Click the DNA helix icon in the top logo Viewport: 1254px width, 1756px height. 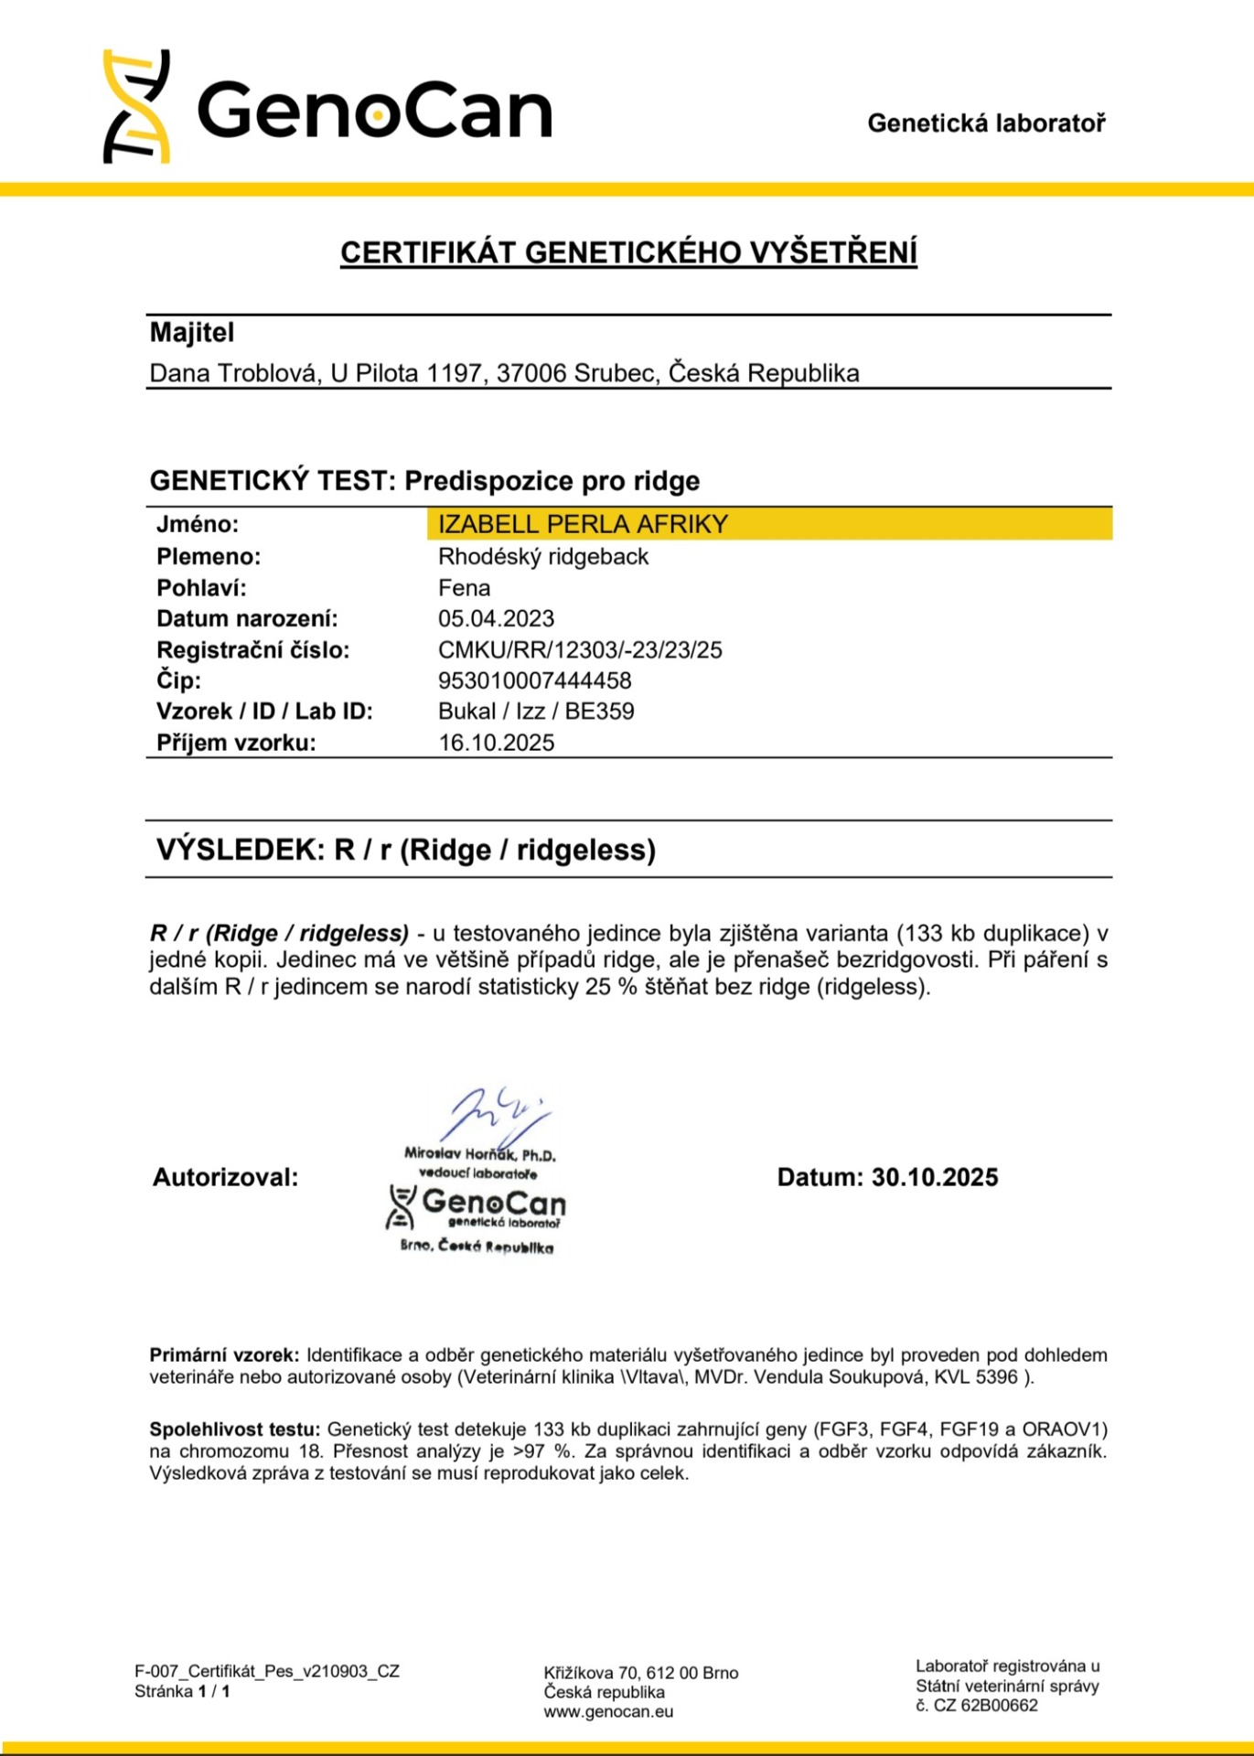pyautogui.click(x=136, y=107)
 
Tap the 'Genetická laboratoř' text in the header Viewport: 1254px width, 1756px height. pyautogui.click(x=986, y=123)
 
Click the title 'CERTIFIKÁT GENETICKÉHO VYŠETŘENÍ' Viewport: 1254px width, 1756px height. pyautogui.click(x=628, y=252)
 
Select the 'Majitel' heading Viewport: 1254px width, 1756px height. pyautogui.click(x=192, y=333)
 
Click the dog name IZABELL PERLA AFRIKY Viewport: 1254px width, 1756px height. pyautogui.click(x=583, y=524)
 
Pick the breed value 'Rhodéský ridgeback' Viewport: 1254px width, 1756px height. pyautogui.click(x=543, y=556)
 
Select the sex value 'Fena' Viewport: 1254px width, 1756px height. pyautogui.click(x=464, y=587)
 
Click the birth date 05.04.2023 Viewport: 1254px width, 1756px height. pyautogui.click(x=496, y=618)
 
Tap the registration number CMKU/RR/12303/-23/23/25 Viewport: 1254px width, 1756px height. pyautogui.click(x=580, y=649)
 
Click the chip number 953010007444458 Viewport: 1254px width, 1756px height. pyautogui.click(x=534, y=680)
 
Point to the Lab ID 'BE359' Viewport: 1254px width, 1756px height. pyautogui.click(x=599, y=712)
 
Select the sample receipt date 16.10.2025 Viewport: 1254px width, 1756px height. pyautogui.click(x=496, y=743)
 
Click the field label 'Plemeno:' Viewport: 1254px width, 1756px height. pyautogui.click(x=209, y=556)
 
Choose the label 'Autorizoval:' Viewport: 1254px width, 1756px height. pyautogui.click(x=225, y=1177)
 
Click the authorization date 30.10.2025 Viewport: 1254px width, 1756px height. pyautogui.click(x=934, y=1177)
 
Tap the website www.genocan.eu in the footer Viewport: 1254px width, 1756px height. pyautogui.click(x=608, y=1712)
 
